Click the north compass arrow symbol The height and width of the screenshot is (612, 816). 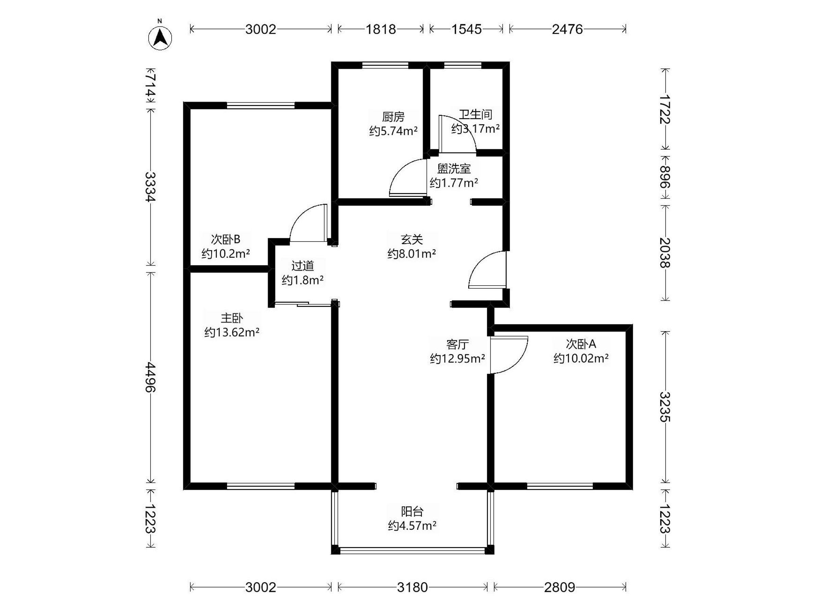point(160,37)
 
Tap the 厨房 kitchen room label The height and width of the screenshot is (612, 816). point(393,117)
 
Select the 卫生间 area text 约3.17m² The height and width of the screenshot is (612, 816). point(476,129)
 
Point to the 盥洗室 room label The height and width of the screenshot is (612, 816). point(454,169)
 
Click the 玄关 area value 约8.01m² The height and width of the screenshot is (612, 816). point(412,254)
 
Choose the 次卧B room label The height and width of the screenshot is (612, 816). point(225,239)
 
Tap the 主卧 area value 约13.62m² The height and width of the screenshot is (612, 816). point(232,333)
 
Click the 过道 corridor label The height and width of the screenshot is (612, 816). point(303,266)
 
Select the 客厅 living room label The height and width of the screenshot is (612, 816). point(457,344)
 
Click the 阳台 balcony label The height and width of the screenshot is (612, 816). point(412,511)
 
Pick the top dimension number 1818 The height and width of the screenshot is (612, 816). point(381,29)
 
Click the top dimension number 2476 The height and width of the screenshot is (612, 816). point(567,29)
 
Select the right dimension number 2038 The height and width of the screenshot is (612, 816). point(665,253)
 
